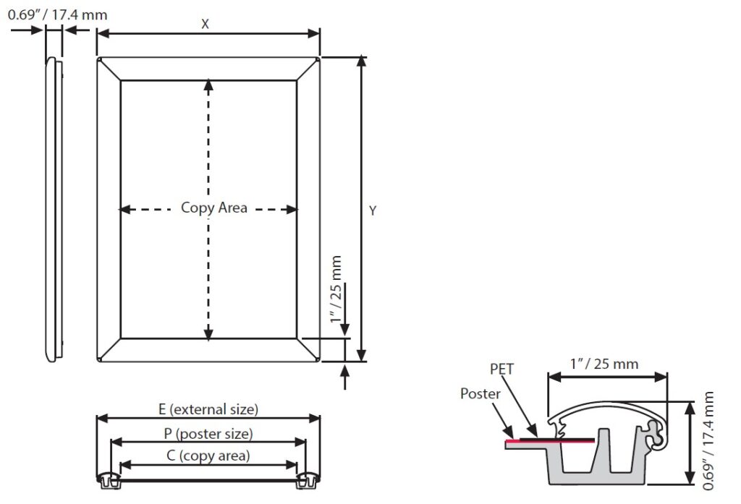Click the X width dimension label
206,24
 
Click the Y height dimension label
373,210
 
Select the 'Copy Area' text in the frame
213,208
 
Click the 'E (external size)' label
208,409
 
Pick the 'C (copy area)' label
208,456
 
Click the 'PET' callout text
501,369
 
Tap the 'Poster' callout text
480,393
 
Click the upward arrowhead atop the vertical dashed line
209,84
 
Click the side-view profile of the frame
54,210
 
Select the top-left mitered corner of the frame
109,69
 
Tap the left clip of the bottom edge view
108,478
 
